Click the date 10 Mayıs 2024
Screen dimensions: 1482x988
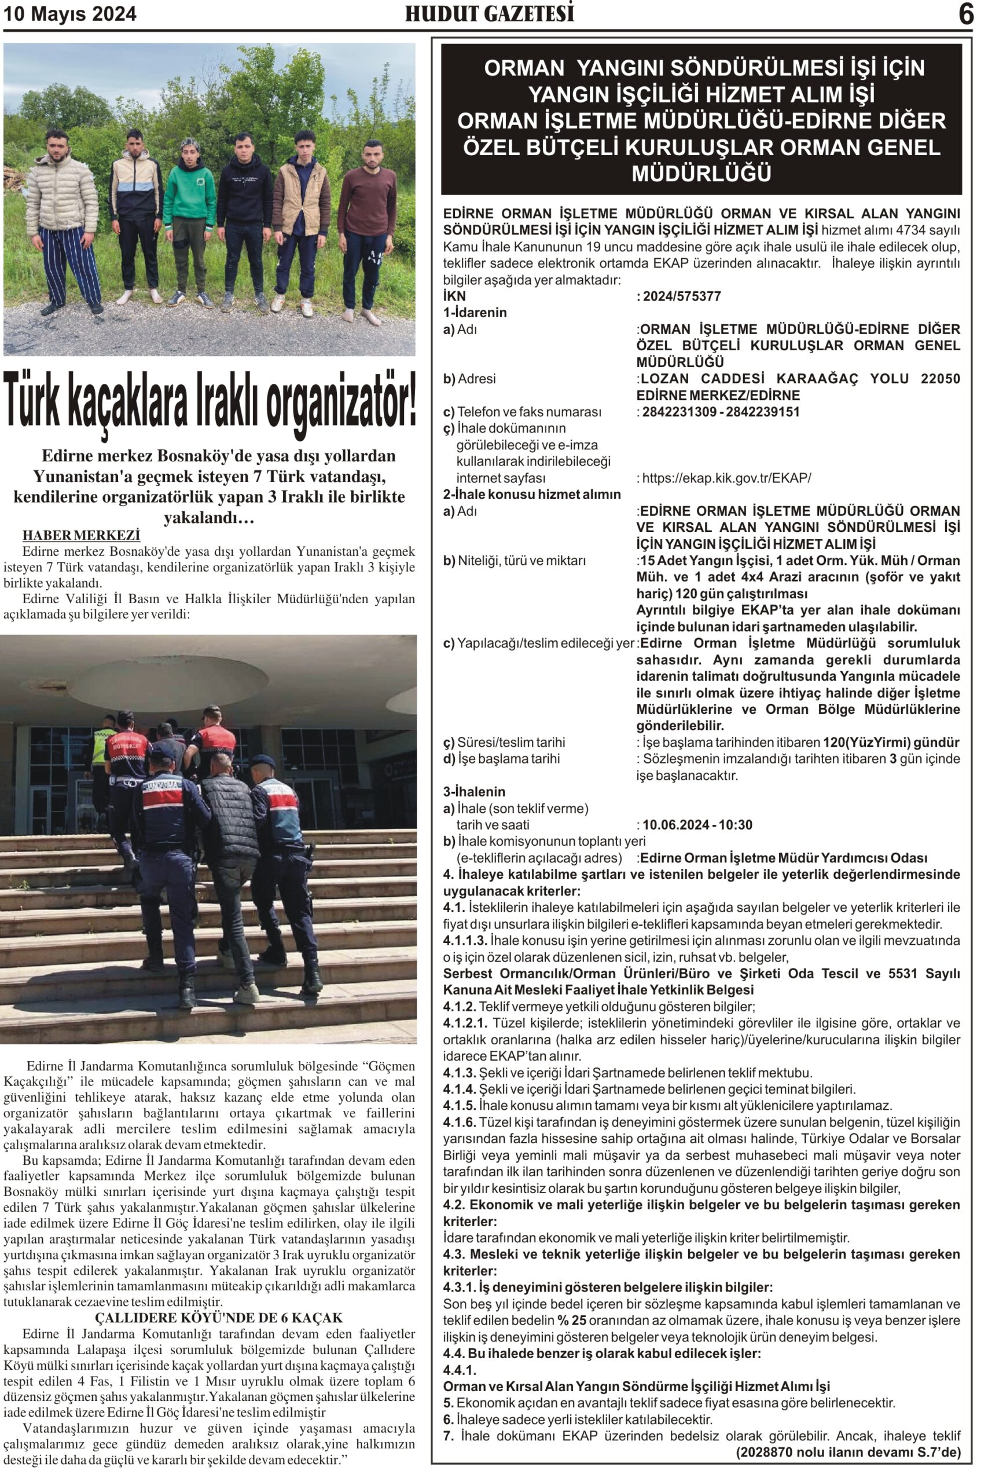[x=70, y=14]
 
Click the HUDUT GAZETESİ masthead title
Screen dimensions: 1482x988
[x=489, y=13]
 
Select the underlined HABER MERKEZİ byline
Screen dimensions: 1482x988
[x=81, y=535]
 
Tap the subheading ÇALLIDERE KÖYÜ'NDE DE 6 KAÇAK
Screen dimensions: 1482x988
[x=219, y=1318]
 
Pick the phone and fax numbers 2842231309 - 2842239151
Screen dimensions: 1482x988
[x=720, y=412]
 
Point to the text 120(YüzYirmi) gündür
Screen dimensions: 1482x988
[x=891, y=742]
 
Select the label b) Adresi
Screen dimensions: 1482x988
[x=469, y=379]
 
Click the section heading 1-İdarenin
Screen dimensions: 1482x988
[x=475, y=313]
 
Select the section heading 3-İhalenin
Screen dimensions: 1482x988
[x=475, y=791]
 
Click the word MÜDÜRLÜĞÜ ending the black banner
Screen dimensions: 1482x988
[x=701, y=173]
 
